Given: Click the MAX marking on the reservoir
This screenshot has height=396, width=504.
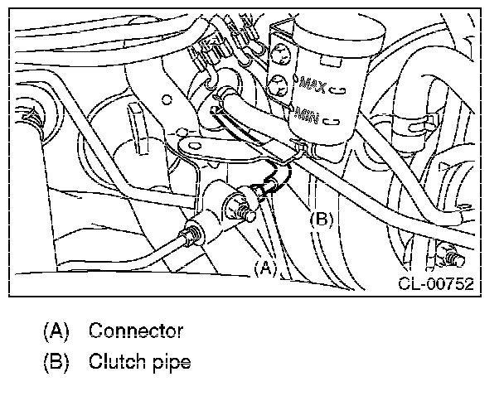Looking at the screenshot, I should (317, 85).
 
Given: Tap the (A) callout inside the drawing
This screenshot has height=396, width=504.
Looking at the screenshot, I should (264, 267).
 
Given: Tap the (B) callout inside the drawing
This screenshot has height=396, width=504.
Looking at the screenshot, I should (322, 220).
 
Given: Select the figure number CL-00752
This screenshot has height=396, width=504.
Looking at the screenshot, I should (434, 284).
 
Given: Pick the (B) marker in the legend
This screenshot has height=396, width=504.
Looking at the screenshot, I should (55, 362).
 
